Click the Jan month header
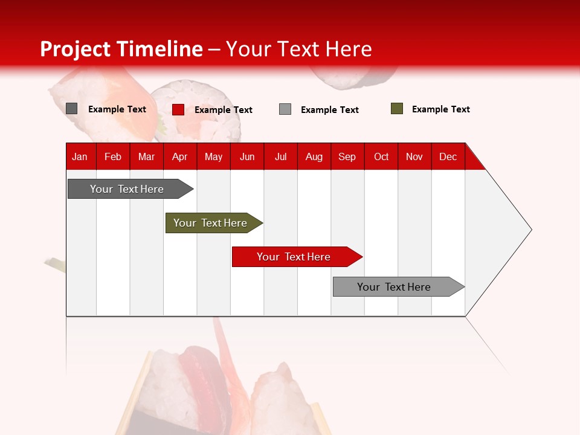click(x=80, y=156)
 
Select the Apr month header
click(x=179, y=156)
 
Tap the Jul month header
click(x=280, y=156)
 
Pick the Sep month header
click(x=347, y=156)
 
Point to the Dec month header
click(x=448, y=156)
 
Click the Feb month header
click(x=113, y=156)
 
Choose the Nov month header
click(x=414, y=156)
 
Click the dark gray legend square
click(x=71, y=109)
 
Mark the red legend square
click(x=178, y=109)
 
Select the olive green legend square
click(x=397, y=109)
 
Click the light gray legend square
click(x=285, y=109)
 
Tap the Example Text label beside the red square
click(x=224, y=110)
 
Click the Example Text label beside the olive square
click(x=441, y=109)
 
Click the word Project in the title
click(x=76, y=49)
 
